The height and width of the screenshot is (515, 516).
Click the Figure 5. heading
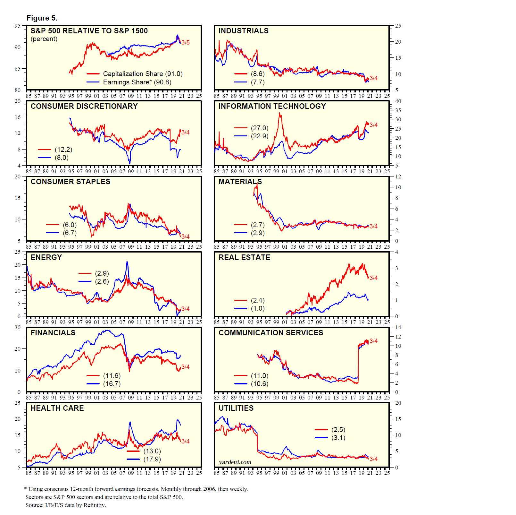pos(42,18)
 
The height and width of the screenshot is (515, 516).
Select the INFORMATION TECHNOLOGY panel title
pos(272,106)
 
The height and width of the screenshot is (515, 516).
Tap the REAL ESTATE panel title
pos(244,257)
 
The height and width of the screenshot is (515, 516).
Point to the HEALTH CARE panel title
pos(57,408)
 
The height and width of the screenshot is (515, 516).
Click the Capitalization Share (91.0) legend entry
pos(143,74)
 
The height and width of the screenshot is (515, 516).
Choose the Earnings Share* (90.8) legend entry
pos(137,82)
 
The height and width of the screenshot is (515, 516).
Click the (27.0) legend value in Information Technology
pos(260,128)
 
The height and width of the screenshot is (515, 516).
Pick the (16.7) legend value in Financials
pos(112,384)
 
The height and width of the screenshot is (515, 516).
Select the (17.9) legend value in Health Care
pos(152,459)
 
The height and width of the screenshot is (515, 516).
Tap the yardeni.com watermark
pos(235,462)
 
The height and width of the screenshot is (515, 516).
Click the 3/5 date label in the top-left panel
pos(186,42)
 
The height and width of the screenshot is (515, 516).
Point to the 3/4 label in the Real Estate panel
pos(373,278)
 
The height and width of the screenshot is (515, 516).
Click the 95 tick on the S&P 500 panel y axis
pos(17,26)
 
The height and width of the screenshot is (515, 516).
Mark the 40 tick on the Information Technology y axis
pos(398,101)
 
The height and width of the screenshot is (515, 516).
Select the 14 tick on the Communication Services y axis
pos(398,327)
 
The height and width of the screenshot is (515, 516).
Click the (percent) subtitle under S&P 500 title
pos(44,39)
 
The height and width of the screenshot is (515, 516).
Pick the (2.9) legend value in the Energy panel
pos(102,273)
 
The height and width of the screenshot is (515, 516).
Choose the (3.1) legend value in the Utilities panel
pos(338,438)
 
